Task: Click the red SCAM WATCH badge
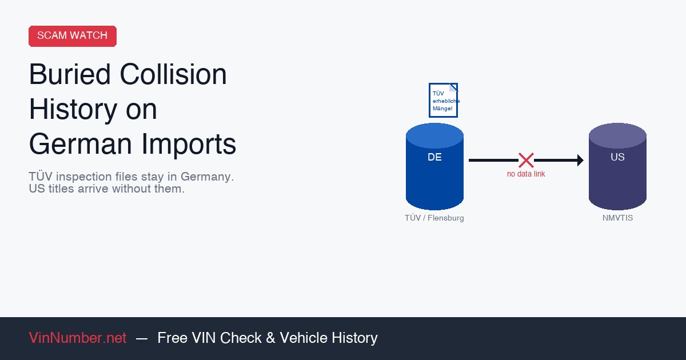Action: tap(72, 35)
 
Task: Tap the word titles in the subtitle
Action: tap(67, 189)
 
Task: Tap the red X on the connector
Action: tap(526, 160)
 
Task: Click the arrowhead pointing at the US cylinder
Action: tap(580, 160)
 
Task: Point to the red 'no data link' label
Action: tap(526, 174)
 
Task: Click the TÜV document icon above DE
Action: tap(443, 100)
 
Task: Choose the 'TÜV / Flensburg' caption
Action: tap(434, 218)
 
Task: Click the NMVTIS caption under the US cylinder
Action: tap(617, 218)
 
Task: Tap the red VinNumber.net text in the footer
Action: tap(78, 338)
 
